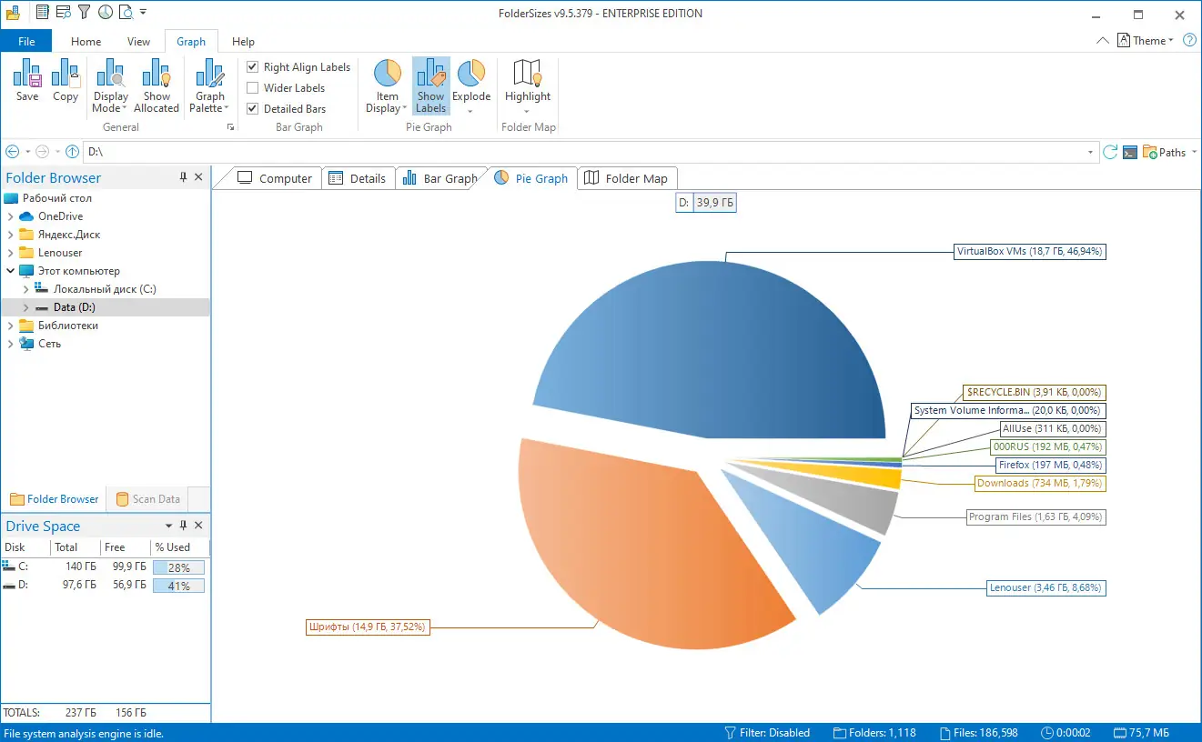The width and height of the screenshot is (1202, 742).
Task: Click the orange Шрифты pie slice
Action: (x=637, y=546)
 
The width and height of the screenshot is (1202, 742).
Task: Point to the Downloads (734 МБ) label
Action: (x=1040, y=484)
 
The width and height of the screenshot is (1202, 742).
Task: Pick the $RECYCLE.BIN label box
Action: (x=1034, y=393)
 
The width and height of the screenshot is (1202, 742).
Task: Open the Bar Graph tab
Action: (x=440, y=179)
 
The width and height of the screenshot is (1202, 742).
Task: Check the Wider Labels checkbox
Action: (x=253, y=88)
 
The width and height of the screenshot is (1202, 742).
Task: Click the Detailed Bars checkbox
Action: (x=253, y=109)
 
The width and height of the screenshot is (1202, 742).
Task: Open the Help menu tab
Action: (x=243, y=42)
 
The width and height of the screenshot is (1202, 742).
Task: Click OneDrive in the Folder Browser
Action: (x=60, y=216)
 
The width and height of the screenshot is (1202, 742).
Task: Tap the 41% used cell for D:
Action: (x=178, y=587)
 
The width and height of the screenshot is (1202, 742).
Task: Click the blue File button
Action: (x=26, y=42)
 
